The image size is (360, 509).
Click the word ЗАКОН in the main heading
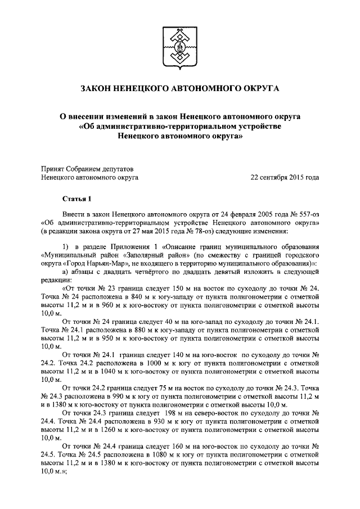coord(100,88)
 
